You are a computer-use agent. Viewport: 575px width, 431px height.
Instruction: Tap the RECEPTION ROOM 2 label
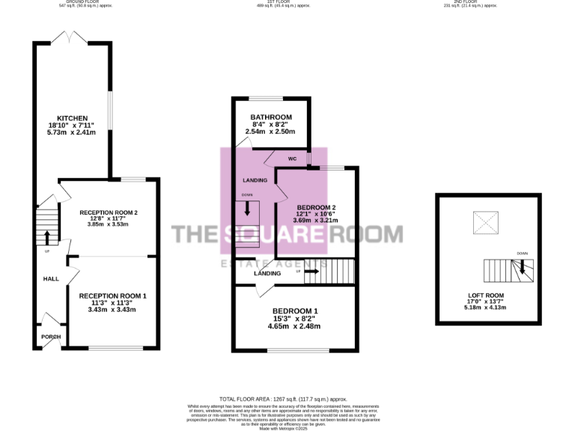click(109, 213)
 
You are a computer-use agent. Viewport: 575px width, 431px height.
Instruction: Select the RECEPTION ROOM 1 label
click(113, 296)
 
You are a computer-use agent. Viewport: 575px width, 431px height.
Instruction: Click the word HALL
click(50, 278)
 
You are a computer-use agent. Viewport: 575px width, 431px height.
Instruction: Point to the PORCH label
click(51, 337)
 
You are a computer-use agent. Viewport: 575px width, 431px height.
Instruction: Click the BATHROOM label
click(270, 117)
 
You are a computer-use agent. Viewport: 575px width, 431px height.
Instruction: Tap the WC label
click(292, 159)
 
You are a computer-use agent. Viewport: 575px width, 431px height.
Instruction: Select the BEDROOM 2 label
click(315, 207)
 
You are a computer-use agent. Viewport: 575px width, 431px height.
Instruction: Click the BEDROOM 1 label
click(295, 311)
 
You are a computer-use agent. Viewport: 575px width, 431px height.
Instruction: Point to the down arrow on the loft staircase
click(522, 268)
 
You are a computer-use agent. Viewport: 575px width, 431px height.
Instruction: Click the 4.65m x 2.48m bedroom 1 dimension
click(294, 326)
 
